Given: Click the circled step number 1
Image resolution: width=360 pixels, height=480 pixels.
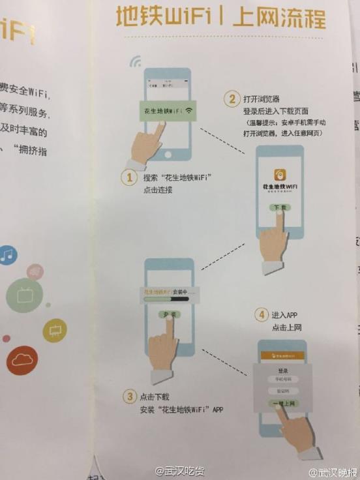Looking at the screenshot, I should tap(130, 177).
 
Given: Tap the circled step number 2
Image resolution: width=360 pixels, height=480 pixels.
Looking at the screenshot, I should tap(230, 100).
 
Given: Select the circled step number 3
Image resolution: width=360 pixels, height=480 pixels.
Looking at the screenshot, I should tap(129, 396).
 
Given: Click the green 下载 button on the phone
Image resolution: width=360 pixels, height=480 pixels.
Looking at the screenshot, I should tap(279, 207).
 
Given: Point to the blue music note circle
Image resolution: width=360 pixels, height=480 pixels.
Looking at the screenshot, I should tap(7, 255).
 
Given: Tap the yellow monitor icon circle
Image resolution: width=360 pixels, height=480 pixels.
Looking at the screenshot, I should tap(55, 331).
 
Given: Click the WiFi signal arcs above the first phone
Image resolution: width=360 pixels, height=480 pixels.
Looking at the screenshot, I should tap(136, 61).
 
